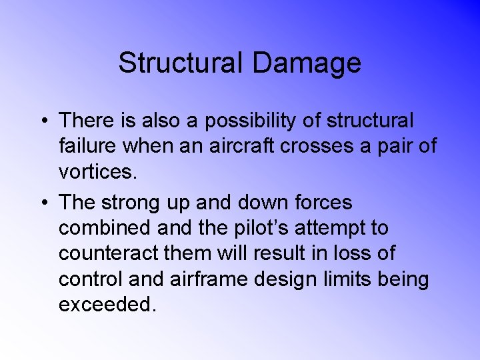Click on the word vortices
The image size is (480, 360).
[97, 172]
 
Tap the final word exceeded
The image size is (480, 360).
[107, 304]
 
